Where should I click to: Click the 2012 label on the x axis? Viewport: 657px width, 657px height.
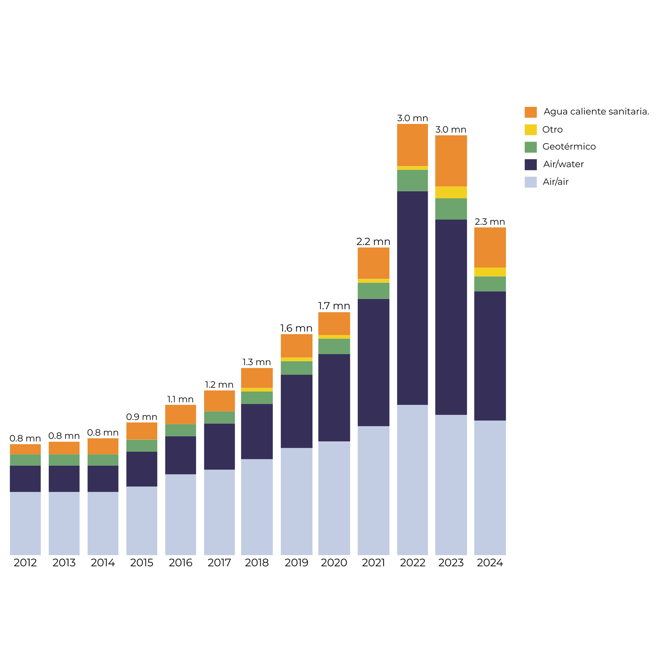tap(25, 563)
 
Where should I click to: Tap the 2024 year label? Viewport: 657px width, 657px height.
tap(490, 563)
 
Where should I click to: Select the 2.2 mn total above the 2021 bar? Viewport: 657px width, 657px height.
tap(373, 242)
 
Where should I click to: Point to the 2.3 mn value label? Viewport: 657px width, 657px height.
tap(490, 222)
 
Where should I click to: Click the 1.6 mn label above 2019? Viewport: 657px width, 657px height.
tap(296, 328)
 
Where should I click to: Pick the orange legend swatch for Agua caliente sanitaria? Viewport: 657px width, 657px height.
tap(530, 112)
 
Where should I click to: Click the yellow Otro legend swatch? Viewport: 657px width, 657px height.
tap(530, 130)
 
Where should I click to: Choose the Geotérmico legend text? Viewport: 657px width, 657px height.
tap(569, 147)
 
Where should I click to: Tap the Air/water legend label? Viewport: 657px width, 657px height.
tap(563, 164)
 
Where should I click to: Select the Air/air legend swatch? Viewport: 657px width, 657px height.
tap(530, 182)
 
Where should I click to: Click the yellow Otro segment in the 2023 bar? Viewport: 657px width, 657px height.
tap(451, 192)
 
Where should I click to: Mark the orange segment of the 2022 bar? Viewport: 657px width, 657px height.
tap(412, 145)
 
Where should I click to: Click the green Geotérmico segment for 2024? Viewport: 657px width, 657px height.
tap(490, 284)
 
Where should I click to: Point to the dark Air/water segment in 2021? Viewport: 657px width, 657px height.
tap(373, 362)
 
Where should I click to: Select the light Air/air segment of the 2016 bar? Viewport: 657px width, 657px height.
tap(181, 514)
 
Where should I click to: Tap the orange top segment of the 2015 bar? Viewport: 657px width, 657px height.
tap(142, 431)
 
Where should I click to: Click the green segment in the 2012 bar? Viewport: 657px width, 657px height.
tap(25, 460)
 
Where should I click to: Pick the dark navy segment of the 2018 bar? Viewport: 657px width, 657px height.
tap(257, 431)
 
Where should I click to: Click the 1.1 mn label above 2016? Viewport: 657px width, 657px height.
tap(181, 399)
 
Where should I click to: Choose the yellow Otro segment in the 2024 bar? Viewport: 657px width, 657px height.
tap(490, 272)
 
